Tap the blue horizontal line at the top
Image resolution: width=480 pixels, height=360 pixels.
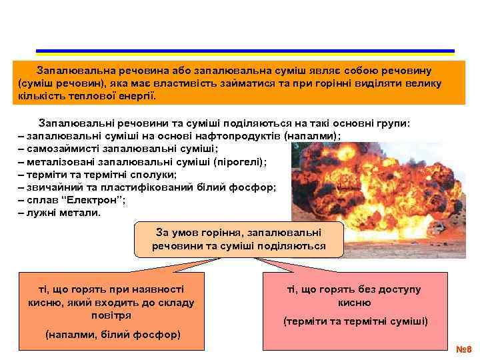pos(245,51)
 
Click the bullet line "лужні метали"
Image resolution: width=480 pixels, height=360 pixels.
pos(59,213)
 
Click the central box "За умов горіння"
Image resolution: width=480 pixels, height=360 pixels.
pos(239,239)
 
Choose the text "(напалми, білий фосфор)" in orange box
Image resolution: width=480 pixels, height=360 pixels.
pos(112,334)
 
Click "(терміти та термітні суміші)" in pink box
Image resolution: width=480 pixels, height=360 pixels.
pos(355,321)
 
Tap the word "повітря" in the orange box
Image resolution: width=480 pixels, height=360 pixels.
pos(111,315)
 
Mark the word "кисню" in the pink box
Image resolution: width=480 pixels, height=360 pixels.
pos(355,302)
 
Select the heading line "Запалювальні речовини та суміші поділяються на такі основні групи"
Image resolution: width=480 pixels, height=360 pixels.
pos(225,123)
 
